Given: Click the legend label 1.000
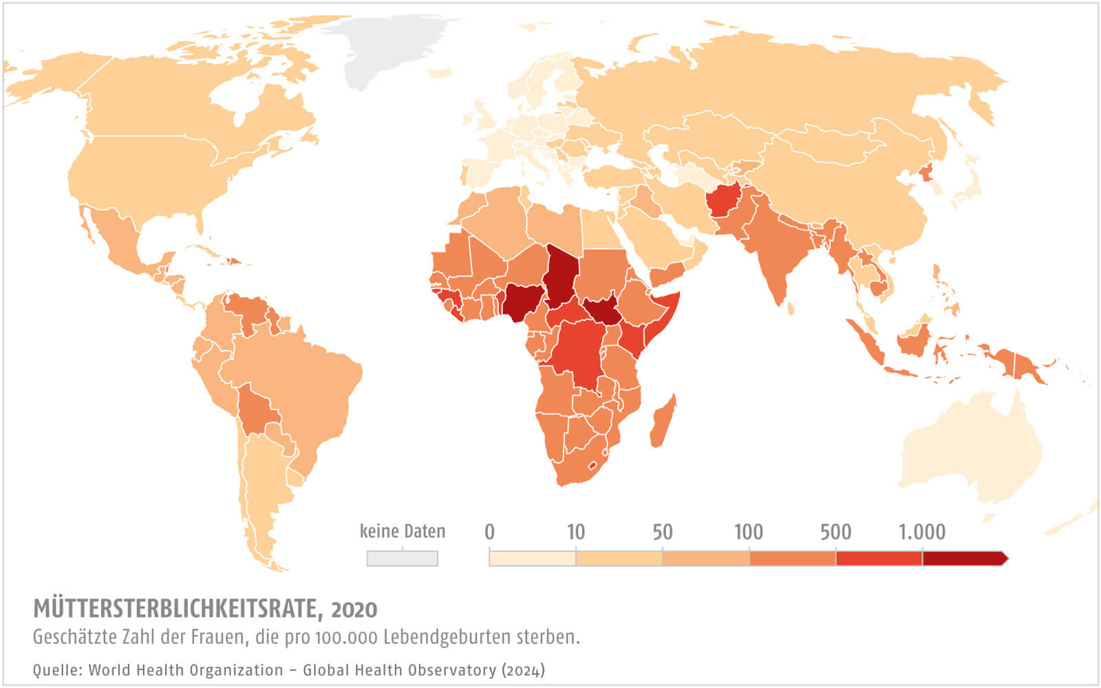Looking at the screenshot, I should point(922,532).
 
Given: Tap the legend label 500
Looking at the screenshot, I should point(835,532).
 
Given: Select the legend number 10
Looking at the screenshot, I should point(575,532).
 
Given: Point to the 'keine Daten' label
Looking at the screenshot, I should point(403,531).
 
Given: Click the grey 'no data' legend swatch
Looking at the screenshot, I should point(403,558).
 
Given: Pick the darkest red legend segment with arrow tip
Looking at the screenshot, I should point(963,558).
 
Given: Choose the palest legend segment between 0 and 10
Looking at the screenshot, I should point(532,558).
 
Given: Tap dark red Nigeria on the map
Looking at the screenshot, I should point(521,301).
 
